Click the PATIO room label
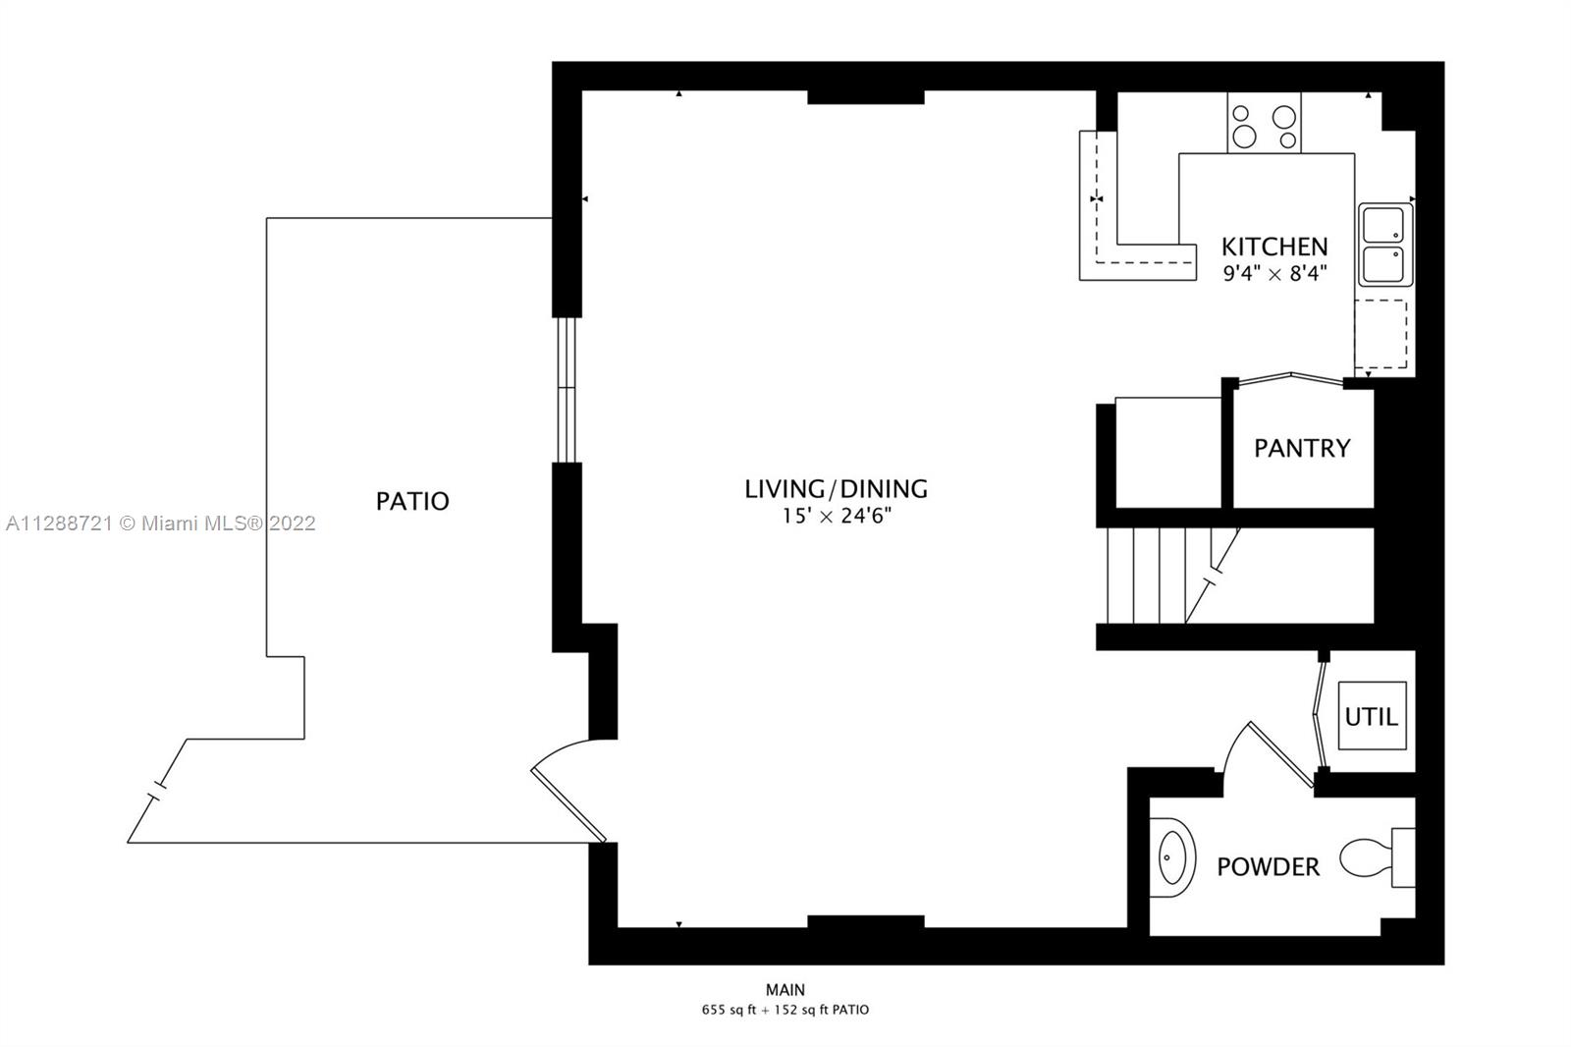click(412, 501)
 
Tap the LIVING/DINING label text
click(836, 488)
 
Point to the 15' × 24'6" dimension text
click(836, 517)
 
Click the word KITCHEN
click(1274, 247)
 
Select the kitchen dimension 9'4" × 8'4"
click(1275, 273)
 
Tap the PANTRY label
click(1302, 449)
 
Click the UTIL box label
click(1371, 716)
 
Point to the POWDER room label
click(1268, 867)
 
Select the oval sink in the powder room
click(1172, 857)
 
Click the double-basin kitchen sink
click(1385, 245)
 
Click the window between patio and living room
click(567, 390)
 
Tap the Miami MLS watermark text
click(161, 523)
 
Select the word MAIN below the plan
click(785, 990)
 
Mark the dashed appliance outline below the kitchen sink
click(1381, 334)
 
